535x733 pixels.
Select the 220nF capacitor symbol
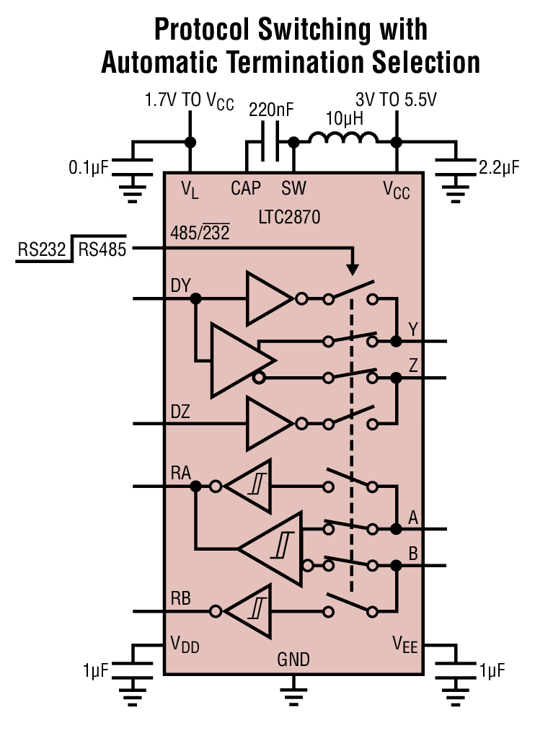tap(268, 142)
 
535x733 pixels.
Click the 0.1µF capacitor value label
tap(88, 168)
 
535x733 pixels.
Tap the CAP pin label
tap(247, 189)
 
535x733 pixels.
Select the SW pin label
tap(293, 189)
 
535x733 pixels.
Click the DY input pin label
tap(181, 285)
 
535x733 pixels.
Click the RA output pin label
tap(181, 473)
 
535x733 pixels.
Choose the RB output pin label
tap(181, 598)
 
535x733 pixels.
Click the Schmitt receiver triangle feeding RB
tap(249, 611)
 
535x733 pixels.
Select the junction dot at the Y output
tap(395, 341)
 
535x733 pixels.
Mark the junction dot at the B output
tap(395, 566)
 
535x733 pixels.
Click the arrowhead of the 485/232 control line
tap(353, 269)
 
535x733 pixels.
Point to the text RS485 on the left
tap(102, 249)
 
